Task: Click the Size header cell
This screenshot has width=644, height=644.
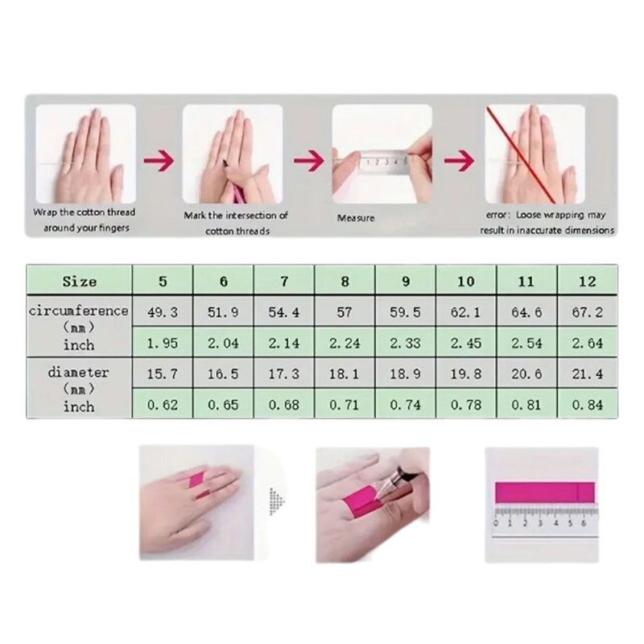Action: [x=79, y=281]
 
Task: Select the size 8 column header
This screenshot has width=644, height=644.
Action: [x=345, y=281]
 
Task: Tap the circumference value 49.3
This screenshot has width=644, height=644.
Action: [x=163, y=312]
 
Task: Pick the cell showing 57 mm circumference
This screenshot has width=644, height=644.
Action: [x=345, y=312]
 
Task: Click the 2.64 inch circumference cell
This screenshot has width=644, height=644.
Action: [x=588, y=343]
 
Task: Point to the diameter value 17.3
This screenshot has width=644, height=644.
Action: [x=284, y=374]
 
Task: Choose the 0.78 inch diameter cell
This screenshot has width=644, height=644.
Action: [x=466, y=405]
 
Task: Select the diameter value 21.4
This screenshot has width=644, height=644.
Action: [x=588, y=374]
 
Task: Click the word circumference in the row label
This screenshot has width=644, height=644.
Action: [x=79, y=311]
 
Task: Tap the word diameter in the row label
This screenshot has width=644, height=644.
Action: [x=78, y=373]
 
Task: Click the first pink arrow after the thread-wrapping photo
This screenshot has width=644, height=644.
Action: [x=159, y=160]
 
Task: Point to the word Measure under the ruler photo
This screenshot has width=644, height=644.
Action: [x=356, y=218]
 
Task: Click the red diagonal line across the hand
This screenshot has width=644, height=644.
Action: [x=521, y=155]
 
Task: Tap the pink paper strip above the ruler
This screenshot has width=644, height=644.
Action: [x=545, y=493]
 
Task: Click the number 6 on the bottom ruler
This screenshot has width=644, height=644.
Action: [x=583, y=523]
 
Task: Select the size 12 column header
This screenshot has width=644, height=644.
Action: [x=588, y=281]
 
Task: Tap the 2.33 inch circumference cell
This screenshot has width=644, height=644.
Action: [x=406, y=343]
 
